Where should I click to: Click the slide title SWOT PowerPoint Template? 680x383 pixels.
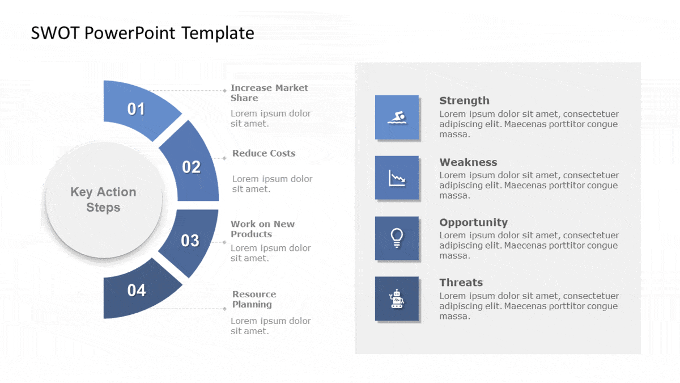pos(142,33)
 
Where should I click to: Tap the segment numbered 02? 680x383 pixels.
pos(192,166)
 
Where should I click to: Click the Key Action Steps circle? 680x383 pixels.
pos(103,200)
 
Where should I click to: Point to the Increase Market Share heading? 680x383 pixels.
pos(269,92)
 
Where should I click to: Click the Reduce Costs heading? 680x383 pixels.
pos(263,153)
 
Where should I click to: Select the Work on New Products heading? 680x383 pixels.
pos(262,229)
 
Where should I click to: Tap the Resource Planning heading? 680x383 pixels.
pos(254,299)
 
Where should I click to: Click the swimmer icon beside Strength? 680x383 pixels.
pos(397,117)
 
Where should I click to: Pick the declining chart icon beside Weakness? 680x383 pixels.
pos(397,178)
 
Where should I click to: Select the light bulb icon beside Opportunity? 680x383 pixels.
pos(397,238)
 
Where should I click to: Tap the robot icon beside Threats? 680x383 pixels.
pos(397,298)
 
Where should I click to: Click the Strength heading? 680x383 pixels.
pos(464,100)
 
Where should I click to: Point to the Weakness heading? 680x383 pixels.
pos(468,162)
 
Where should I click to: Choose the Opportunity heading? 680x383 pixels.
pos(473,222)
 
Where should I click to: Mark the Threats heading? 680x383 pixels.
pos(461,283)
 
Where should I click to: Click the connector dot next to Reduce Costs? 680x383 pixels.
pos(224,158)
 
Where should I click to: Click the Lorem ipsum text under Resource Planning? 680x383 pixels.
pos(270,326)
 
